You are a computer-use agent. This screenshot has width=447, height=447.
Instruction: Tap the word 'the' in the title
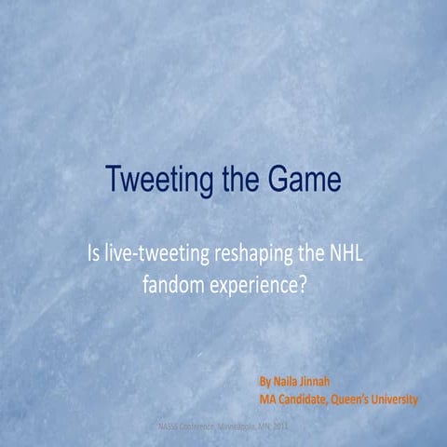point(241,180)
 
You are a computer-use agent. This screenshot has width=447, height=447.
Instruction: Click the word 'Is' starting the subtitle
point(95,254)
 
